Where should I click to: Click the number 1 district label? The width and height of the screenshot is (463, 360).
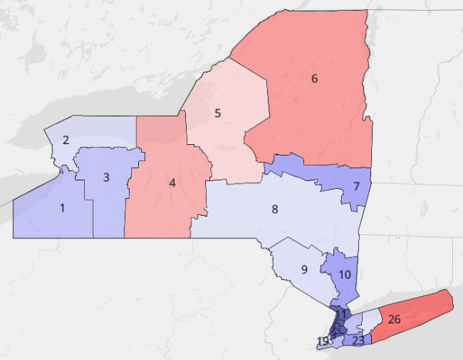tap(63, 207)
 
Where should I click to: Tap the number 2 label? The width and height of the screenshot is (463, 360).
tap(66, 140)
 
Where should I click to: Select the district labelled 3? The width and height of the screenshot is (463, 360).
tap(106, 177)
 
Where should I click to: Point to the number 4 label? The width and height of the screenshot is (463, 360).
tap(172, 183)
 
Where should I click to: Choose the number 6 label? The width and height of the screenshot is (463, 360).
tap(314, 78)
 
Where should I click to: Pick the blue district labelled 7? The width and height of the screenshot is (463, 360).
tap(357, 187)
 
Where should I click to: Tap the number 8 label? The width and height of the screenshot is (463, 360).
tap(274, 209)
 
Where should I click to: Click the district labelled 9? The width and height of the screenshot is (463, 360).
tap(304, 269)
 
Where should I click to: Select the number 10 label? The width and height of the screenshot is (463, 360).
tap(344, 274)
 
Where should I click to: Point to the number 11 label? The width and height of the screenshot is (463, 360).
tap(340, 313)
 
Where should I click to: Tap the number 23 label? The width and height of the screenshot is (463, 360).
tap(358, 340)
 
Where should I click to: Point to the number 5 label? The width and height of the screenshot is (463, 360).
tap(218, 113)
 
